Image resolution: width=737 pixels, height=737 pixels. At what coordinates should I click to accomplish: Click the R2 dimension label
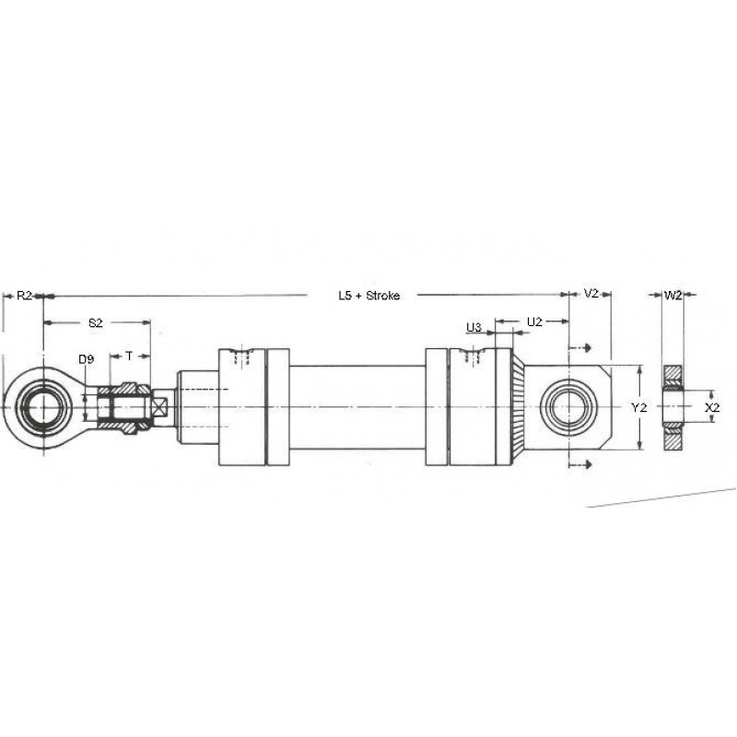click(x=25, y=296)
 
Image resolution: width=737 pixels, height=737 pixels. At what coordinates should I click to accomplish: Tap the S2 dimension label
click(x=96, y=322)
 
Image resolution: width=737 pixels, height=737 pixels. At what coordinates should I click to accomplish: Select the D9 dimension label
click(x=86, y=359)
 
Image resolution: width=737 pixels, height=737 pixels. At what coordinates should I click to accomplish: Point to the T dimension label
click(x=129, y=357)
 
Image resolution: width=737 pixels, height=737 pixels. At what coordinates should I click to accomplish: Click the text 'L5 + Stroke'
click(x=369, y=296)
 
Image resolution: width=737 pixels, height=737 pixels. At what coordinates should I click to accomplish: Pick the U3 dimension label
click(x=474, y=327)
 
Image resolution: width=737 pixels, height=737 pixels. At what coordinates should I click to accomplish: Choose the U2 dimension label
click(x=534, y=322)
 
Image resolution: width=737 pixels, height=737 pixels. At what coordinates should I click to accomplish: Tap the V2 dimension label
click(x=591, y=294)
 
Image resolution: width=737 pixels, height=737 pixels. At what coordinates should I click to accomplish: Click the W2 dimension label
click(x=673, y=295)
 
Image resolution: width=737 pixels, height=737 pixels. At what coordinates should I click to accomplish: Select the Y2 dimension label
click(x=638, y=407)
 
